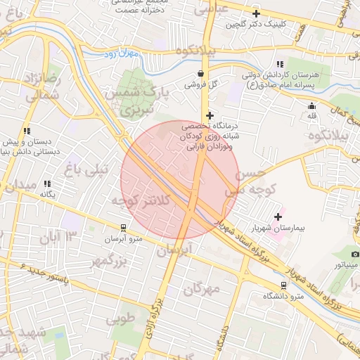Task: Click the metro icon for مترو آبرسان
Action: pyautogui.click(x=124, y=228)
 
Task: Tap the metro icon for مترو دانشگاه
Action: pyautogui.click(x=283, y=285)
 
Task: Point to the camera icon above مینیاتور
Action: pyautogui.click(x=355, y=254)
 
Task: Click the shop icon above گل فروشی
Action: pyautogui.click(x=201, y=73)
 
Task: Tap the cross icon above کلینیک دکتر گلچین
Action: pyautogui.click(x=256, y=13)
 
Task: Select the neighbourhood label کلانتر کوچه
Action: pyautogui.click(x=141, y=201)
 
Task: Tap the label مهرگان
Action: pyautogui.click(x=200, y=288)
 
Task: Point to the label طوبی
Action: pyautogui.click(x=120, y=319)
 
